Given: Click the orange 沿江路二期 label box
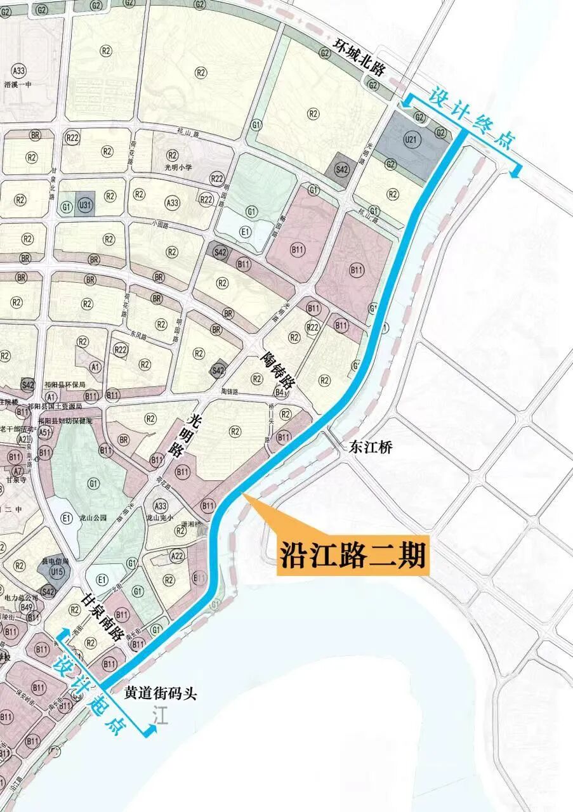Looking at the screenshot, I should tap(353, 556).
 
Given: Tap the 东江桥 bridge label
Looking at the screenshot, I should tap(371, 447).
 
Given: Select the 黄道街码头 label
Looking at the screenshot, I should tap(161, 693).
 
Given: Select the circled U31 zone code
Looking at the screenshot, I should tap(86, 205).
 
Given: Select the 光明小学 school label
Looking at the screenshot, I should tap(178, 167).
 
